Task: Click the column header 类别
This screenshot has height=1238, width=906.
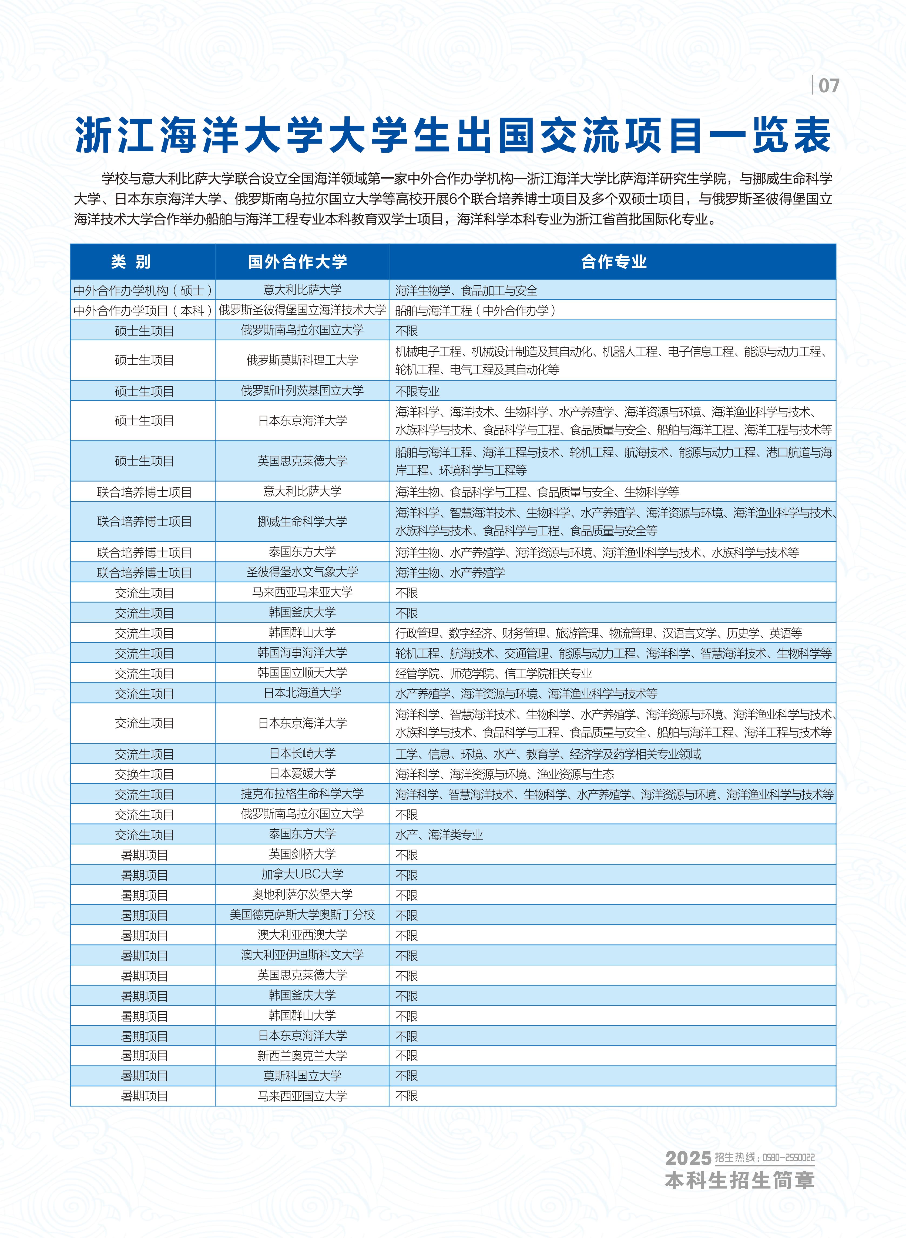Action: click(x=131, y=262)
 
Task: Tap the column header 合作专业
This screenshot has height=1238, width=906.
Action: click(x=614, y=262)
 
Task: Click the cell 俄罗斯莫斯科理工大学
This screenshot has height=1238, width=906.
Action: click(x=302, y=360)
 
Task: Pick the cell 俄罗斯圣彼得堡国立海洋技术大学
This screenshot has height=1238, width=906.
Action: click(x=302, y=310)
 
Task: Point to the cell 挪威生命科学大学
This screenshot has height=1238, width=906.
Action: click(x=302, y=521)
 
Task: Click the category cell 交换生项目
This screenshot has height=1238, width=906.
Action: click(x=144, y=774)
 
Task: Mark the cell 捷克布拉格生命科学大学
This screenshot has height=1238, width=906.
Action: click(x=302, y=794)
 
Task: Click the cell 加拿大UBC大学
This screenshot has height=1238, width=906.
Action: click(x=302, y=874)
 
